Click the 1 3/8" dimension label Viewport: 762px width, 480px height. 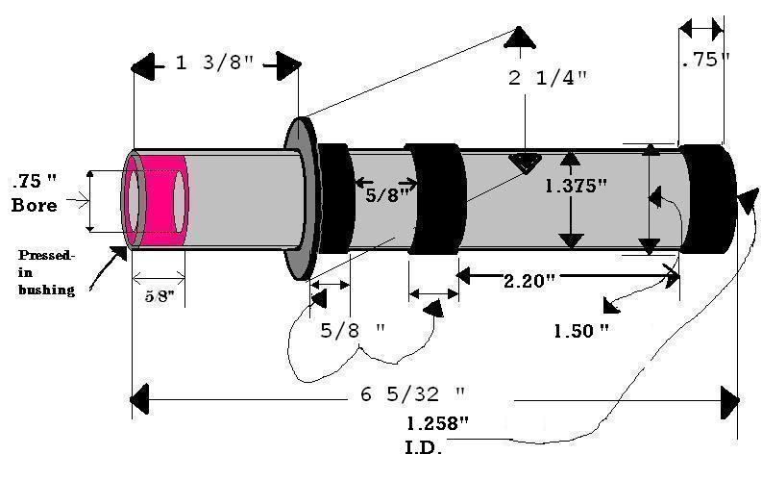214,65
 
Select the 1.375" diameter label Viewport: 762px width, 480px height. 577,187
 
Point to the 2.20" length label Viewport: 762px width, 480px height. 529,280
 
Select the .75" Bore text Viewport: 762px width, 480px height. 35,192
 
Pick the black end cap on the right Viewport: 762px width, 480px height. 708,199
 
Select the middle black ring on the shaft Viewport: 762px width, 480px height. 434,198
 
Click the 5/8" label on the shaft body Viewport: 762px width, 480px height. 388,194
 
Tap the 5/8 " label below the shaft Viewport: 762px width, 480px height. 353,329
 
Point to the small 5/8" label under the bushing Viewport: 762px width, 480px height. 159,298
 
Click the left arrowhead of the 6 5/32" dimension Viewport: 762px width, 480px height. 140,396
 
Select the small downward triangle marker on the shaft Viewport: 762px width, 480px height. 525,163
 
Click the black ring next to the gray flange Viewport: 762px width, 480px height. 337,198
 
